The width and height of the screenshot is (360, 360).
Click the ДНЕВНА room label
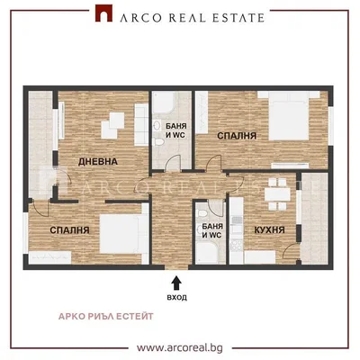98,162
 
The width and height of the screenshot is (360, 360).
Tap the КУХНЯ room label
269,230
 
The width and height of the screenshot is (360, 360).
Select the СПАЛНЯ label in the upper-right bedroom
237,136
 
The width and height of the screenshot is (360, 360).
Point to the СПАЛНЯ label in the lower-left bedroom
69,230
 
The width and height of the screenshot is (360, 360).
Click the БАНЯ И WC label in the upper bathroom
175,130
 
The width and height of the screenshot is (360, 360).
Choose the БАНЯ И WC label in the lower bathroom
212,230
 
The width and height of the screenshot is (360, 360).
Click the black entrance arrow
176,283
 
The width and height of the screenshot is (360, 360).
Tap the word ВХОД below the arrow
176,298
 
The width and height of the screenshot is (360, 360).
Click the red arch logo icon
103,13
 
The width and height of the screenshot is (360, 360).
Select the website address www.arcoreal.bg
180,348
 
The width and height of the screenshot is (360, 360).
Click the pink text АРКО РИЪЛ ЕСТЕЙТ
106,316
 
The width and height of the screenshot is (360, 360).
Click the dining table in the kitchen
277,194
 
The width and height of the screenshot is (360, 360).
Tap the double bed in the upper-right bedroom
288,116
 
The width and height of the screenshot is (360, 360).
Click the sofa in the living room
141,125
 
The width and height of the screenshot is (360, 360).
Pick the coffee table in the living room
112,125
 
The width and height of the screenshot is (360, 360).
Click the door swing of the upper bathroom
174,162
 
